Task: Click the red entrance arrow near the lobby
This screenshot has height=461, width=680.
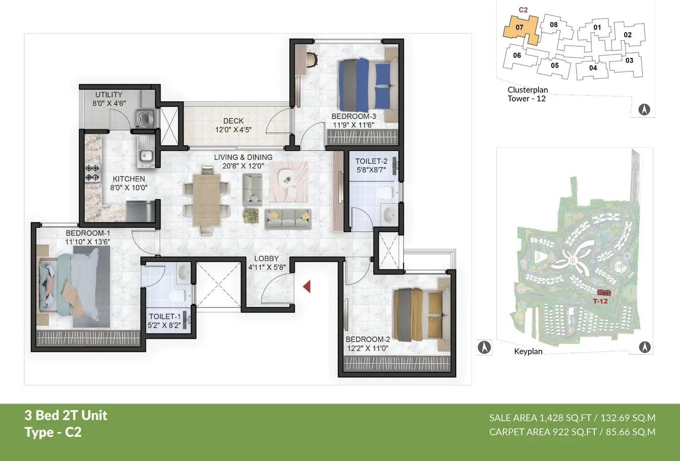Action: click(307, 286)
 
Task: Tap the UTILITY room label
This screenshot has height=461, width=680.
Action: click(109, 95)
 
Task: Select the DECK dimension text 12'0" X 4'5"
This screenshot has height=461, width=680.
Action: click(233, 130)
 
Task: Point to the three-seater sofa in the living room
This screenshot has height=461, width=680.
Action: click(288, 218)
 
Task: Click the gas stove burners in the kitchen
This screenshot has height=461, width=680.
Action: click(92, 173)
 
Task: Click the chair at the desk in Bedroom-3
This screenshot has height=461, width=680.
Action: click(312, 59)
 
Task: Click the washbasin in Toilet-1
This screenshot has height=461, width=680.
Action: click(184, 273)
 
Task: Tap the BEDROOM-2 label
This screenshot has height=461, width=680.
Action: click(368, 339)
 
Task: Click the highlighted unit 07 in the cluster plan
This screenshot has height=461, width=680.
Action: click(520, 28)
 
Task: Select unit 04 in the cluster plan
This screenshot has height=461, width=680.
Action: click(593, 68)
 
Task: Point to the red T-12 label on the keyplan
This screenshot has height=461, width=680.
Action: click(600, 301)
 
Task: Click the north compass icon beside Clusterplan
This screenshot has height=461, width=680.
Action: click(644, 109)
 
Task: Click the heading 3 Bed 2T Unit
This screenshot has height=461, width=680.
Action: click(66, 415)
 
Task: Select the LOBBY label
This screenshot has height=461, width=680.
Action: click(267, 259)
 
